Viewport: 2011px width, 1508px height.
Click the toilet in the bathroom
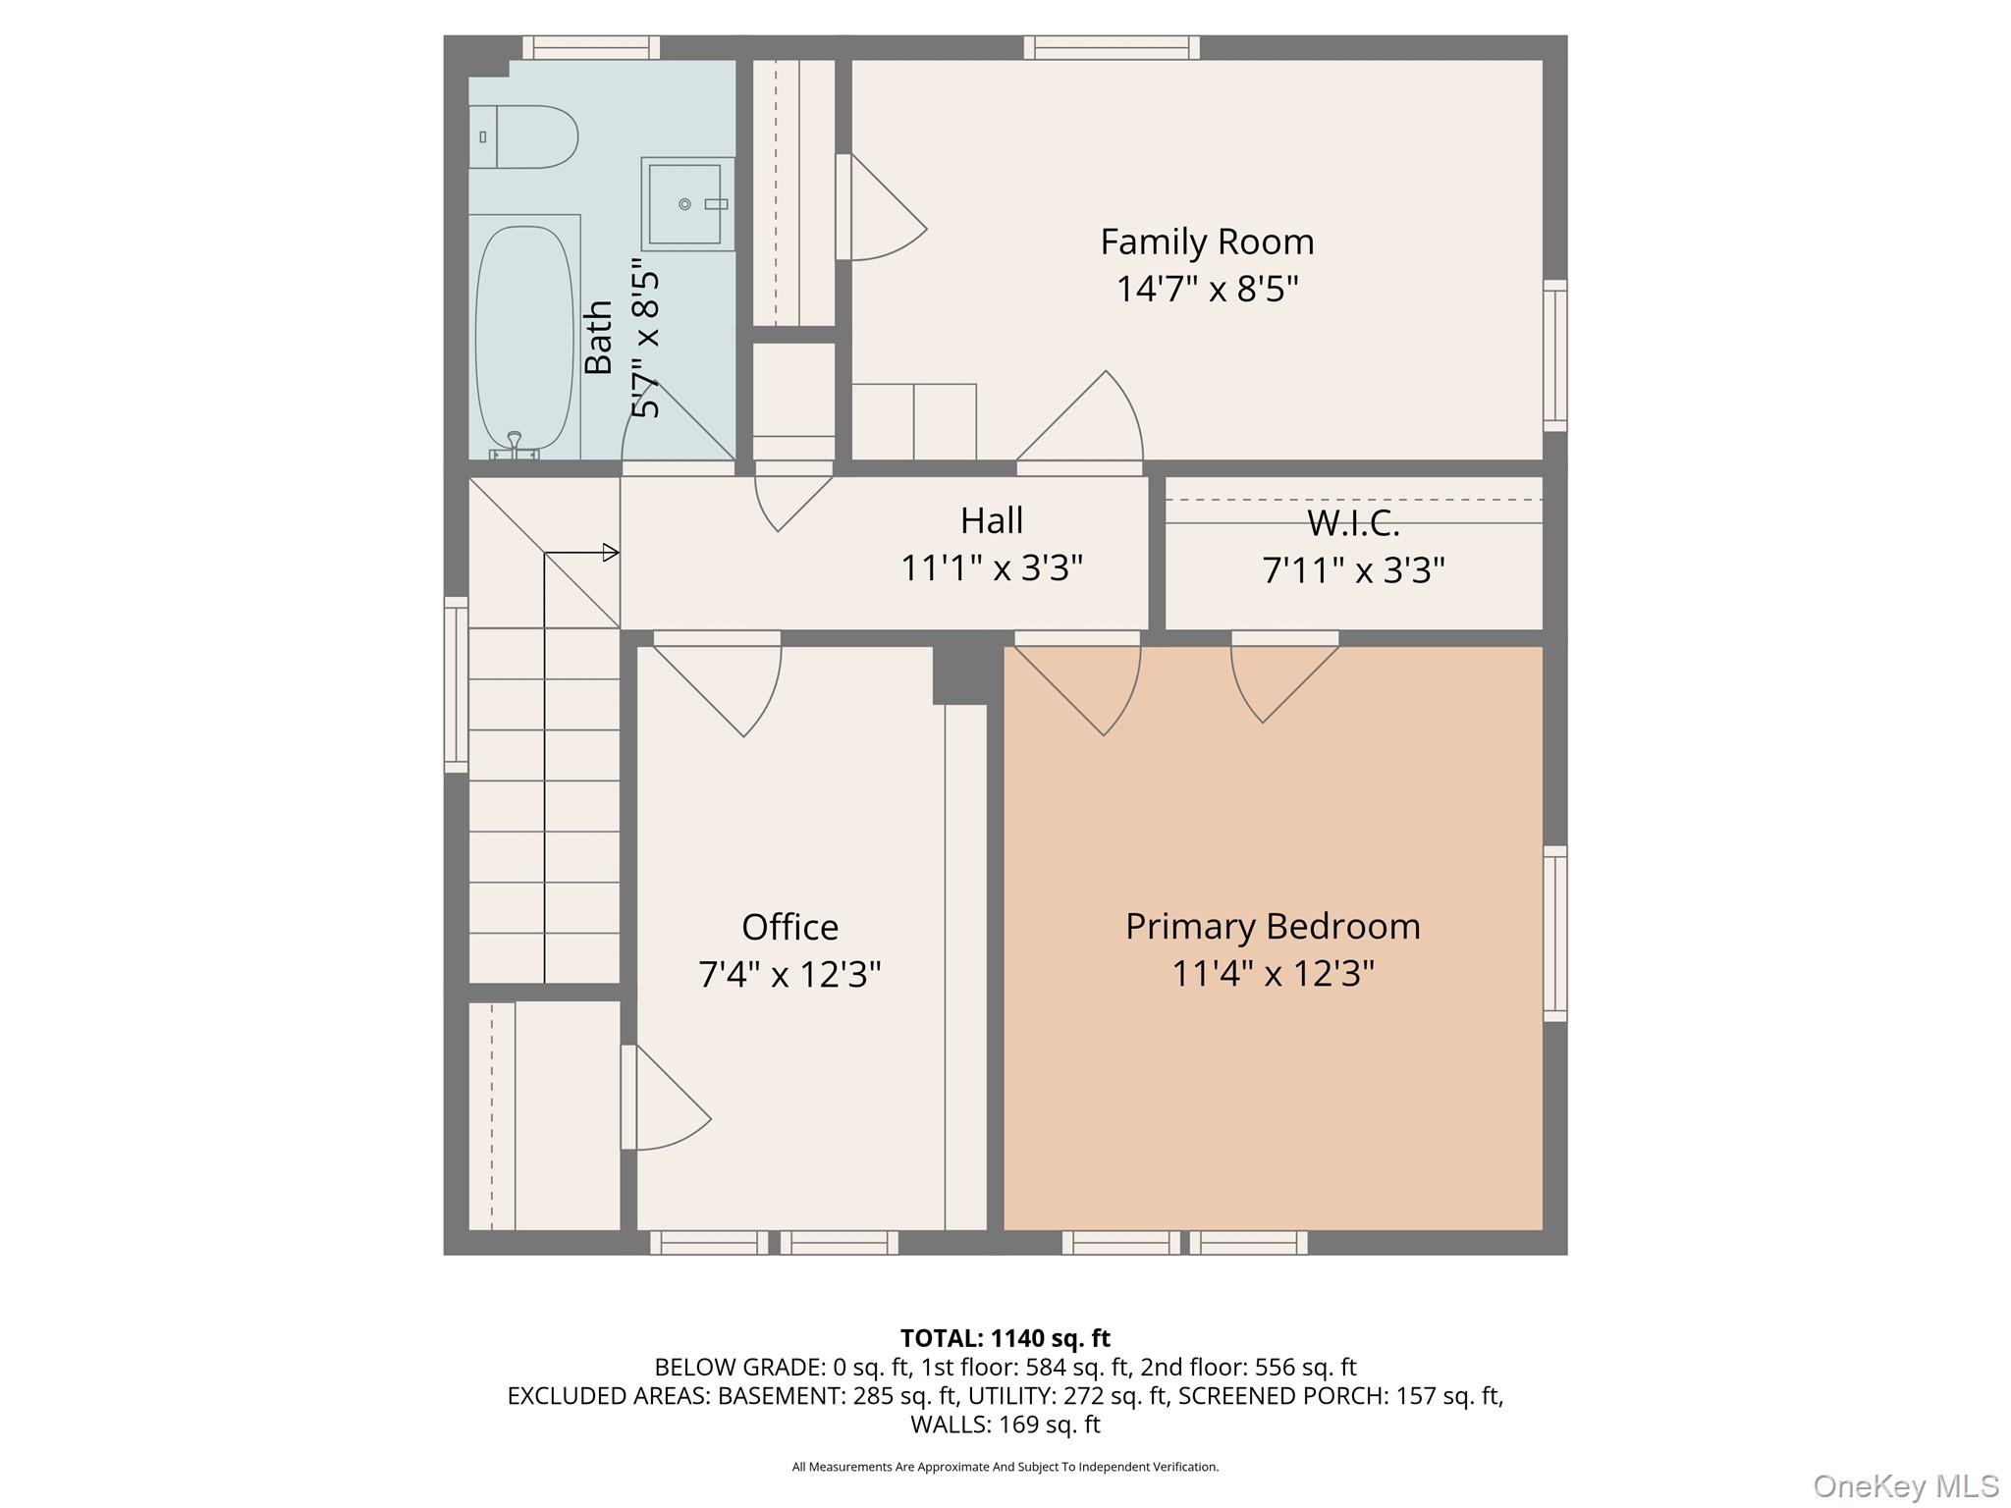coord(522,137)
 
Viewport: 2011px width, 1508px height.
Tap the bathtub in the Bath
coord(524,338)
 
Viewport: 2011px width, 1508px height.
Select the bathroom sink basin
coord(687,204)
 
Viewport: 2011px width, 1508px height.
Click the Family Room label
coord(1207,242)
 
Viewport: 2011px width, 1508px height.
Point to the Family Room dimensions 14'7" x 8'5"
coord(1207,289)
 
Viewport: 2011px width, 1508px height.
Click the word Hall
coord(992,520)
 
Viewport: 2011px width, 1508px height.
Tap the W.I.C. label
coord(1353,523)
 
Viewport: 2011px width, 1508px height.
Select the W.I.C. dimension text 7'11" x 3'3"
coord(1353,570)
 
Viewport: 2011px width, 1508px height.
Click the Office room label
coord(789,927)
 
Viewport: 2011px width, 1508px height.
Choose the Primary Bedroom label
coord(1273,927)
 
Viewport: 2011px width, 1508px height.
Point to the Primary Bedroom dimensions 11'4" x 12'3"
coord(1273,974)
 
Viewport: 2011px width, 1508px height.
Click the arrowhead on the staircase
coord(611,553)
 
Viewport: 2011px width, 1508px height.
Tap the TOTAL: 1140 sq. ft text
coord(1005,1338)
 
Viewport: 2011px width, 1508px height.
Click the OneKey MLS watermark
coord(1906,1485)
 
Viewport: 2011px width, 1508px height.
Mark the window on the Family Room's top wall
coord(1112,47)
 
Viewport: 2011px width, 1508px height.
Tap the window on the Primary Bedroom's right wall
coord(1555,934)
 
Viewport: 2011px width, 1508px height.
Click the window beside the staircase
coord(456,684)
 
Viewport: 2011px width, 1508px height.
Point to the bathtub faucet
coord(514,447)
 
